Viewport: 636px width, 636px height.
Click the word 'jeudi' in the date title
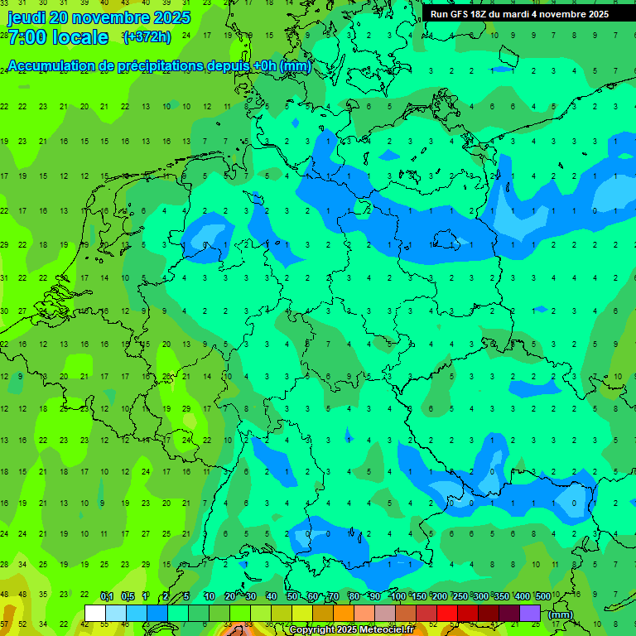pos(26,17)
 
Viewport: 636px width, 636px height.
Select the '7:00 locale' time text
pos(58,37)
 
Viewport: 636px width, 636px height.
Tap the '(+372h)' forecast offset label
pos(147,37)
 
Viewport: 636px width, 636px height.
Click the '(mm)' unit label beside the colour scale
pos(561,614)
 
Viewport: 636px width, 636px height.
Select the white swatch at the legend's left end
pos(95,614)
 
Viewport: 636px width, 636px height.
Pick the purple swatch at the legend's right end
pos(531,614)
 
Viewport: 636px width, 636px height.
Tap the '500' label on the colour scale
pos(543,596)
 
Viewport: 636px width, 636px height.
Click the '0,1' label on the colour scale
pos(107,596)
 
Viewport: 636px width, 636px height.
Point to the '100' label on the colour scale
pos(398,596)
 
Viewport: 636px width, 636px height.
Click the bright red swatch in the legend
pos(447,614)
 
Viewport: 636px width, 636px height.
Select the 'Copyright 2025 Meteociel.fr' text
pos(351,630)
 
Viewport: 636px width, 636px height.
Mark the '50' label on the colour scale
pos(292,596)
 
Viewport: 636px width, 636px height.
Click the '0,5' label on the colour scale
pos(128,596)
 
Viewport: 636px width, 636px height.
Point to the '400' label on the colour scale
pos(522,596)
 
